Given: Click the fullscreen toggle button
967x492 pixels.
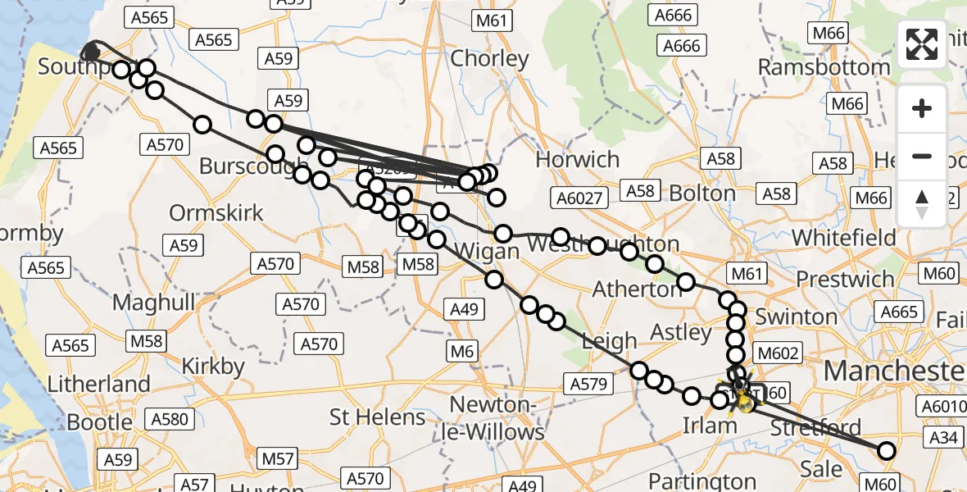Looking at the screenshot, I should click(922, 44).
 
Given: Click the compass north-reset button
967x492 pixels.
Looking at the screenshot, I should click(922, 203).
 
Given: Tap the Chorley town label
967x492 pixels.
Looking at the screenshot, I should click(490, 59).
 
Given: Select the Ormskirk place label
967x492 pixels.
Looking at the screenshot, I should click(216, 213).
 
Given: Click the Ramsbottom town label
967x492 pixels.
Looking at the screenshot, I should click(824, 67).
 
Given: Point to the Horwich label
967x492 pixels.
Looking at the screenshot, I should click(577, 159).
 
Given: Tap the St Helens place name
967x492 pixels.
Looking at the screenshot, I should click(377, 417).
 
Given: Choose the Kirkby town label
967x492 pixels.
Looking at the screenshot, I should click(213, 366).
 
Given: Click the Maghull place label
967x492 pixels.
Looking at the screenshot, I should click(154, 303).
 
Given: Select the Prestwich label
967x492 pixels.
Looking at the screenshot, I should click(845, 279).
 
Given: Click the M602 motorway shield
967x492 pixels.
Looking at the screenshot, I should click(778, 353).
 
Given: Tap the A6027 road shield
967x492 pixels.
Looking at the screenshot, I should click(579, 198).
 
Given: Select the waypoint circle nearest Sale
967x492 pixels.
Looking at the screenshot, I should click(887, 450).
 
